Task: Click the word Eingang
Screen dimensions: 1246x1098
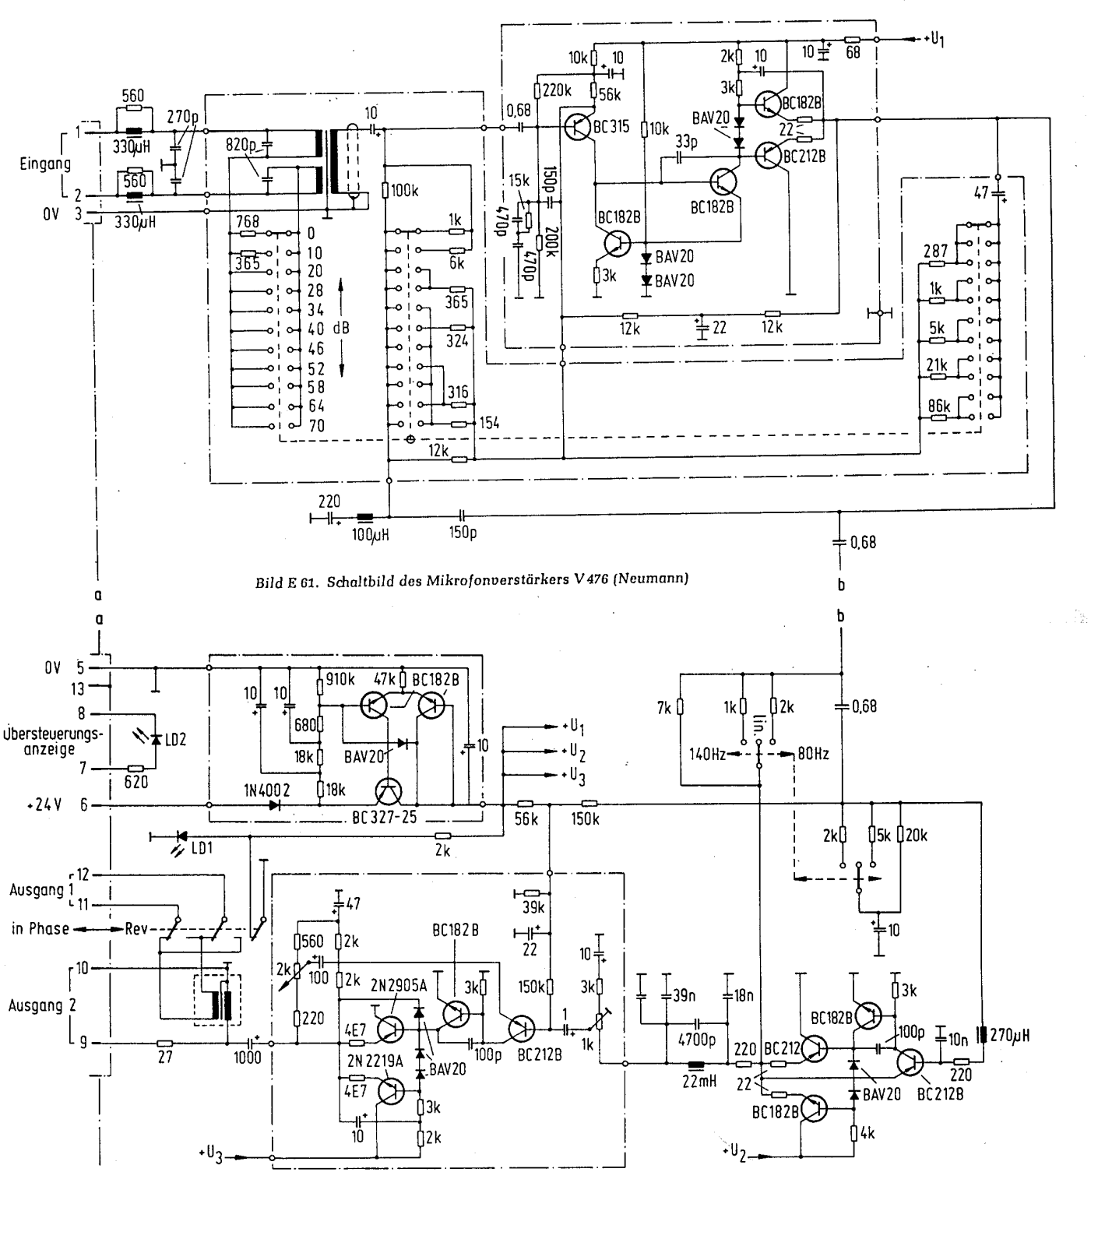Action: pos(45,164)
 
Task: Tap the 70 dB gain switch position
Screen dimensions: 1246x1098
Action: pos(315,426)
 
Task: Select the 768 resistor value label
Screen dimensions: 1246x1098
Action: pos(247,222)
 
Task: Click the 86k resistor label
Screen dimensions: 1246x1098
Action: pos(939,407)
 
